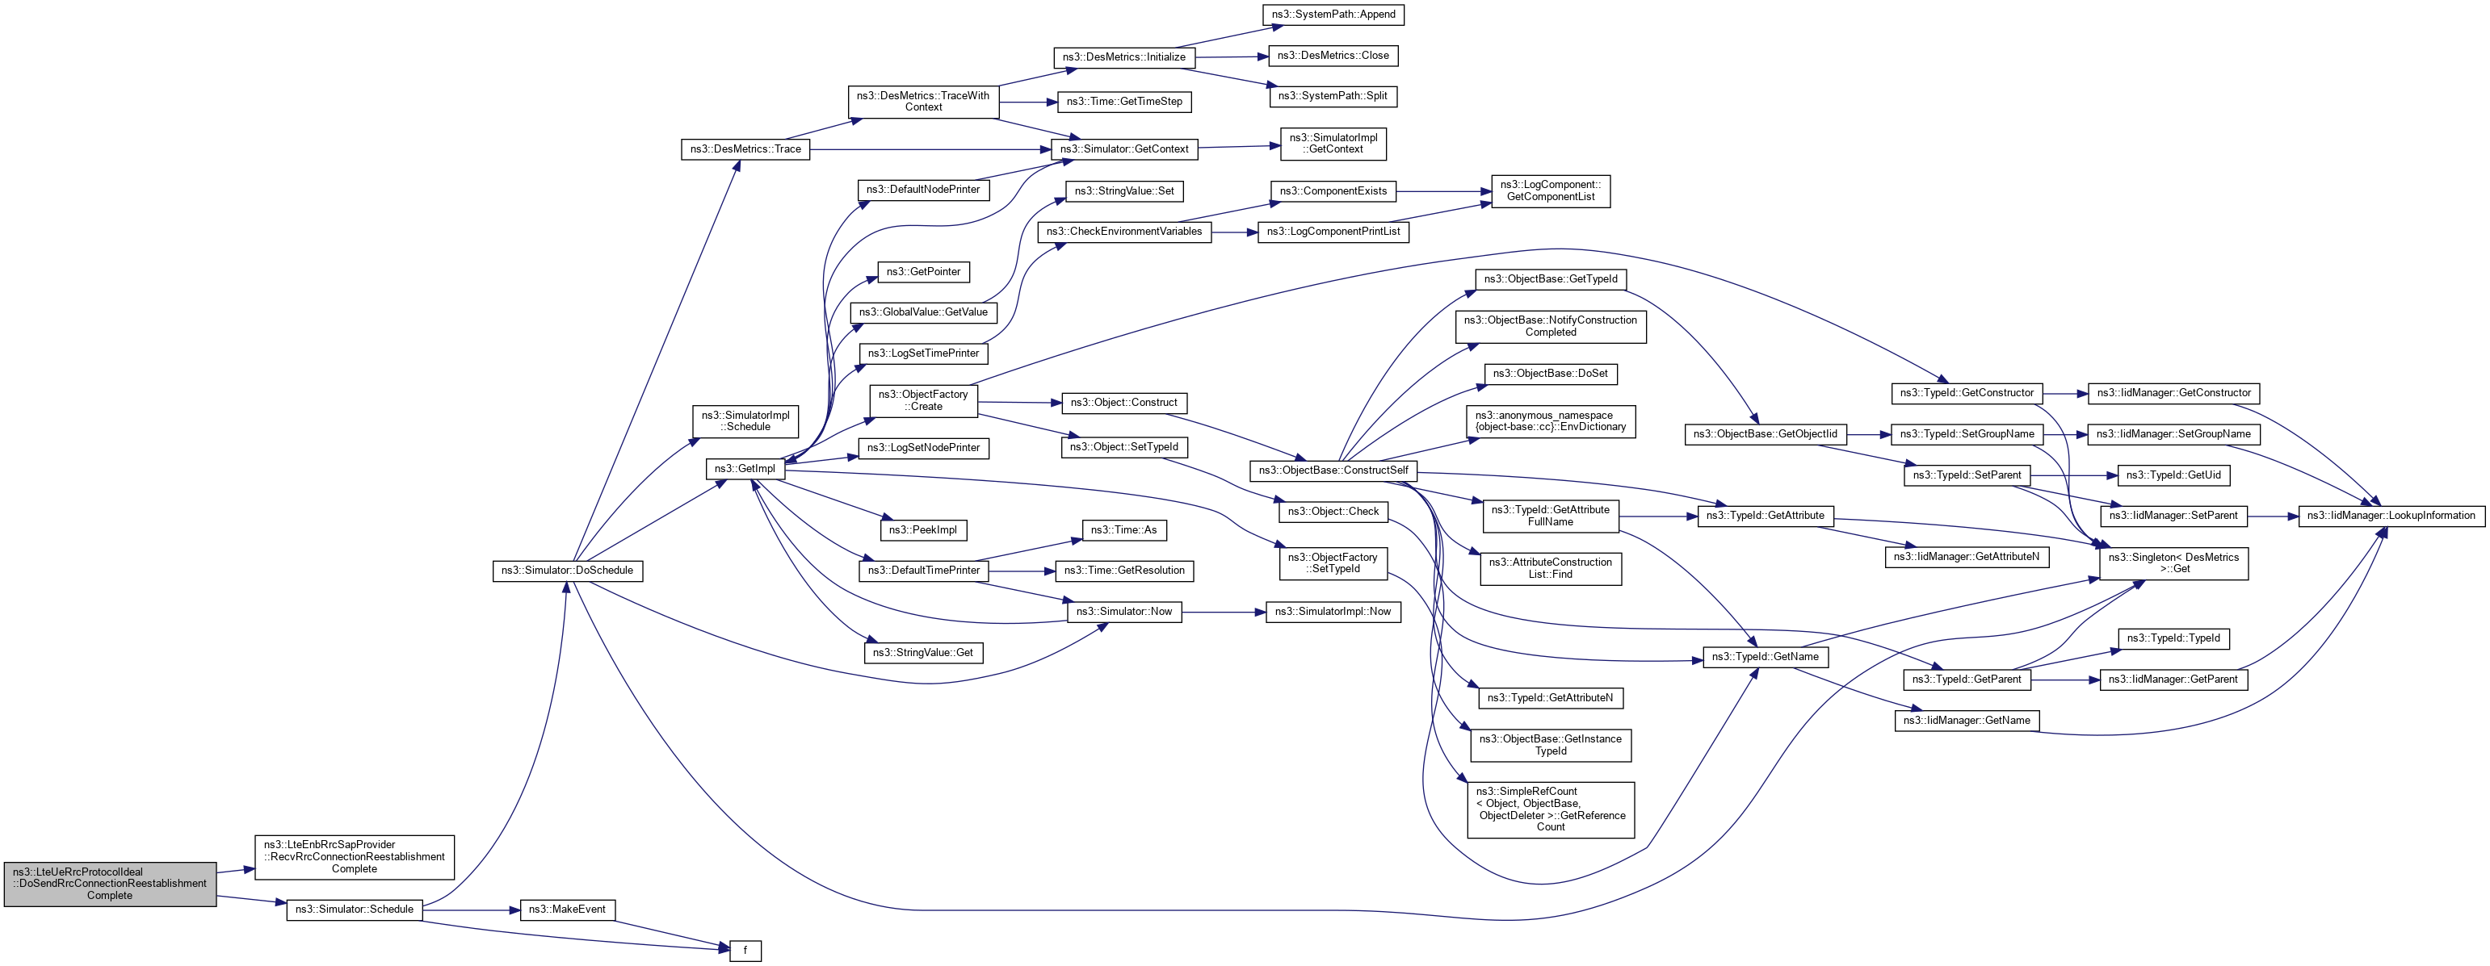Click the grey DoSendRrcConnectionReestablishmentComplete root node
click(x=110, y=884)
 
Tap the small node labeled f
click(x=745, y=951)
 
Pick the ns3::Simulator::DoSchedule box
click(x=568, y=571)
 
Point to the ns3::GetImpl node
click(x=745, y=470)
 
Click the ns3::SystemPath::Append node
click(x=1333, y=15)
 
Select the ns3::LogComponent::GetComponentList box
click(x=1551, y=191)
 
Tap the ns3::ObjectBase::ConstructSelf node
click(x=1333, y=471)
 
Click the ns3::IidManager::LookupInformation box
click(x=2391, y=516)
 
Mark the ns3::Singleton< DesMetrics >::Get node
click(x=2173, y=563)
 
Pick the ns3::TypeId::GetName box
click(x=1765, y=657)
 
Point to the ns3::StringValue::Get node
click(x=922, y=653)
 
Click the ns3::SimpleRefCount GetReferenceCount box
click(x=1551, y=809)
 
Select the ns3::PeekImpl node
click(x=922, y=530)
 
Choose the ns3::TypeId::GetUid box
click(x=2173, y=475)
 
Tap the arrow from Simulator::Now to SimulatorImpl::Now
click(x=1223, y=613)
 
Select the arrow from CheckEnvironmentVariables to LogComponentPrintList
click(x=1234, y=232)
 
